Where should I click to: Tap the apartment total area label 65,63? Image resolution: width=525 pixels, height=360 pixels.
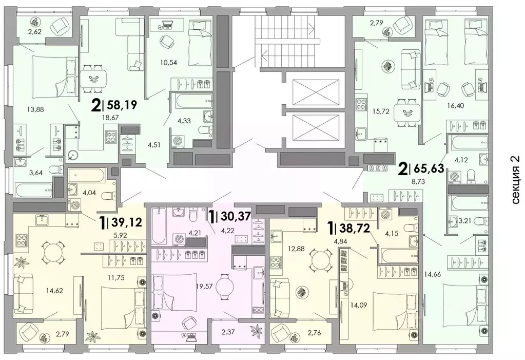(x=429, y=167)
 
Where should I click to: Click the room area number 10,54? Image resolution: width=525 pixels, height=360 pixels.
(x=168, y=62)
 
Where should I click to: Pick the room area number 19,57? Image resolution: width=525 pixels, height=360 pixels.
(x=204, y=286)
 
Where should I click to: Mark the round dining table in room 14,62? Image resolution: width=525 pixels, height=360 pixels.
(x=51, y=252)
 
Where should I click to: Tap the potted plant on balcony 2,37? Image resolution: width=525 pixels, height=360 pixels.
(x=257, y=330)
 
